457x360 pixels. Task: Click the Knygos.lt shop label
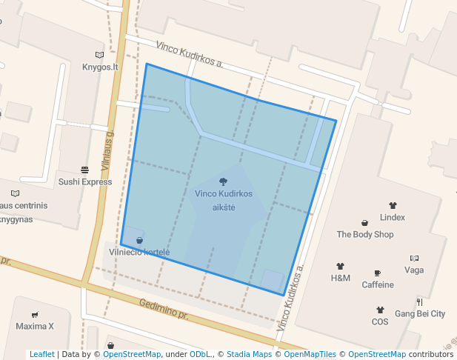[100, 67]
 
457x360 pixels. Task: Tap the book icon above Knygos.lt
[100, 55]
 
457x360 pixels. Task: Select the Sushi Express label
[85, 181]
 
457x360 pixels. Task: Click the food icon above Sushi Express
[85, 170]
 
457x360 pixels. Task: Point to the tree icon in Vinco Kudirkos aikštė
[224, 181]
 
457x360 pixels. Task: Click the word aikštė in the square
[224, 207]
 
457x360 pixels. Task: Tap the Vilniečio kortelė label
[139, 252]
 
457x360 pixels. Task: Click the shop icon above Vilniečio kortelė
[139, 240]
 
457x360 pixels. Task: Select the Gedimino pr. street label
[164, 310]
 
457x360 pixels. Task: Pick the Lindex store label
[393, 217]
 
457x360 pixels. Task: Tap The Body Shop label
[365, 234]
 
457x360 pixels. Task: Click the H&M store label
[341, 278]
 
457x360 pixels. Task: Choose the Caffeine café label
[378, 284]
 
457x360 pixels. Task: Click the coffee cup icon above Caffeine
[378, 273]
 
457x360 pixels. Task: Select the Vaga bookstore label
[414, 270]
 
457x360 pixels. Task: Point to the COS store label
[380, 321]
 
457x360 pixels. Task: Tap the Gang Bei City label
[420, 313]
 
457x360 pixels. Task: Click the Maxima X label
[35, 326]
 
